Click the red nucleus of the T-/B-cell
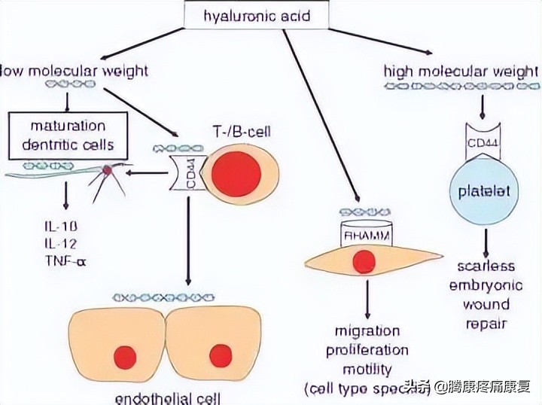pyautogui.click(x=236, y=172)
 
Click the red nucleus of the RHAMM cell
pyautogui.click(x=364, y=261)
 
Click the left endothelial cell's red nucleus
pyautogui.click(x=124, y=355)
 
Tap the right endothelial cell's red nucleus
pyautogui.click(x=221, y=355)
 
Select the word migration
pyautogui.click(x=367, y=332)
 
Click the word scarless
pyautogui.click(x=486, y=266)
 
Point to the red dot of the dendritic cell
pyautogui.click(x=108, y=172)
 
